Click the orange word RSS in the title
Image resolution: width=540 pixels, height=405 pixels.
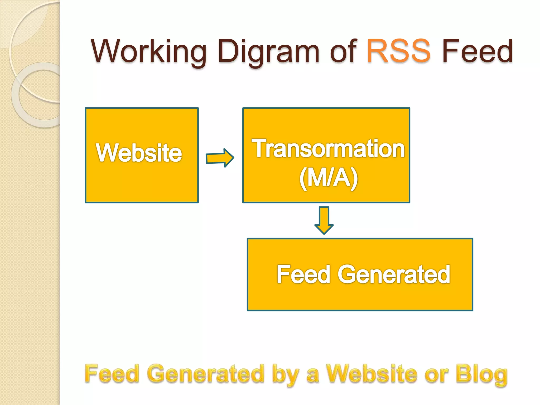(x=398, y=51)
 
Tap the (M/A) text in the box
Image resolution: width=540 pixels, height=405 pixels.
(x=329, y=178)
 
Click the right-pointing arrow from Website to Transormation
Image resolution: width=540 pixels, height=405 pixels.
(x=220, y=158)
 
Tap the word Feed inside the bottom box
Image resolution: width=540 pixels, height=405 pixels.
(x=303, y=274)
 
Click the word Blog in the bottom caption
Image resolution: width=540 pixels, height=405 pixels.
(x=481, y=374)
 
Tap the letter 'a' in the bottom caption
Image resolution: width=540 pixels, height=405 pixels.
(x=313, y=375)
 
